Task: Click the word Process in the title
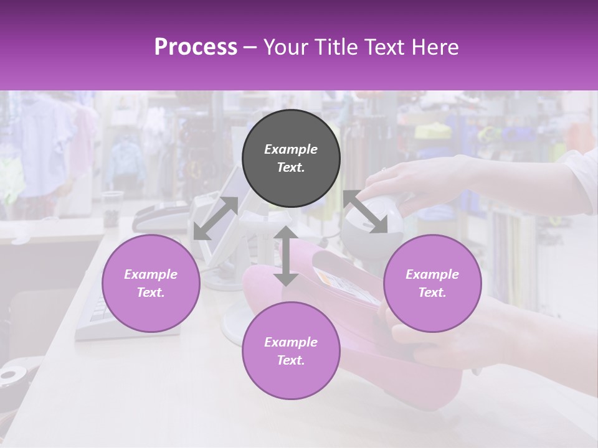tap(196, 47)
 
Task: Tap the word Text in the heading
tap(384, 47)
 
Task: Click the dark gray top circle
tap(291, 158)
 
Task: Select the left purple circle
tap(151, 283)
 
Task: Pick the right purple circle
tap(432, 283)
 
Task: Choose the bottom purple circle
tap(291, 351)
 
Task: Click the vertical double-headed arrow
tap(286, 256)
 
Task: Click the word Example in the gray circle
tap(291, 149)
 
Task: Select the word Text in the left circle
tap(151, 292)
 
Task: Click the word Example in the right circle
tap(432, 274)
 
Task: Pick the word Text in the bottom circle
tap(291, 360)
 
